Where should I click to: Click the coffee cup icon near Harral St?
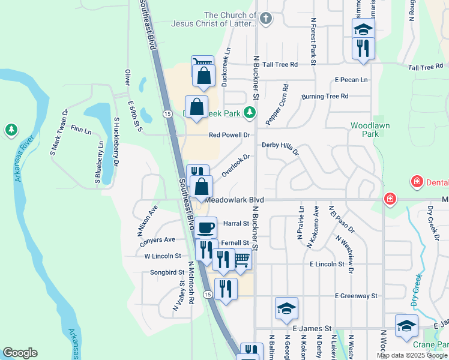[205, 227]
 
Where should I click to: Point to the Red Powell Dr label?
[229, 135]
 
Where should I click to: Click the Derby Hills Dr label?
[280, 148]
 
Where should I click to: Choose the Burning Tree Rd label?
[325, 96]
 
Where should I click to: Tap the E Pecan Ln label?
[352, 79]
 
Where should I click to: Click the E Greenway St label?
[356, 296]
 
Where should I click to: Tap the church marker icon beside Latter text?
[266, 19]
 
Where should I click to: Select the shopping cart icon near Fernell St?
[241, 259]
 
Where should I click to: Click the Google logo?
[20, 353]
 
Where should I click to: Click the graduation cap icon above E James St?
[286, 308]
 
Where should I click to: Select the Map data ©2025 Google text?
[412, 355]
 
